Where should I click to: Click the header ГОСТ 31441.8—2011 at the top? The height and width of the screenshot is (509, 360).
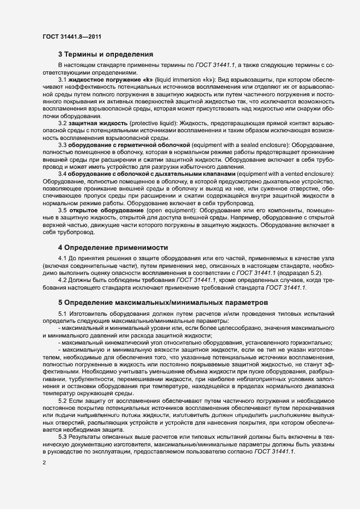(x=71, y=37)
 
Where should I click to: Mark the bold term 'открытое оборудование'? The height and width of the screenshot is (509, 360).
(x=106, y=210)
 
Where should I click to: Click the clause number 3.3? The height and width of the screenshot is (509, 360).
(x=62, y=146)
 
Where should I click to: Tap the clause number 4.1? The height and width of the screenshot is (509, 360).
(x=62, y=257)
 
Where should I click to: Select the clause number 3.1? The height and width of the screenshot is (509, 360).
(x=62, y=81)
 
